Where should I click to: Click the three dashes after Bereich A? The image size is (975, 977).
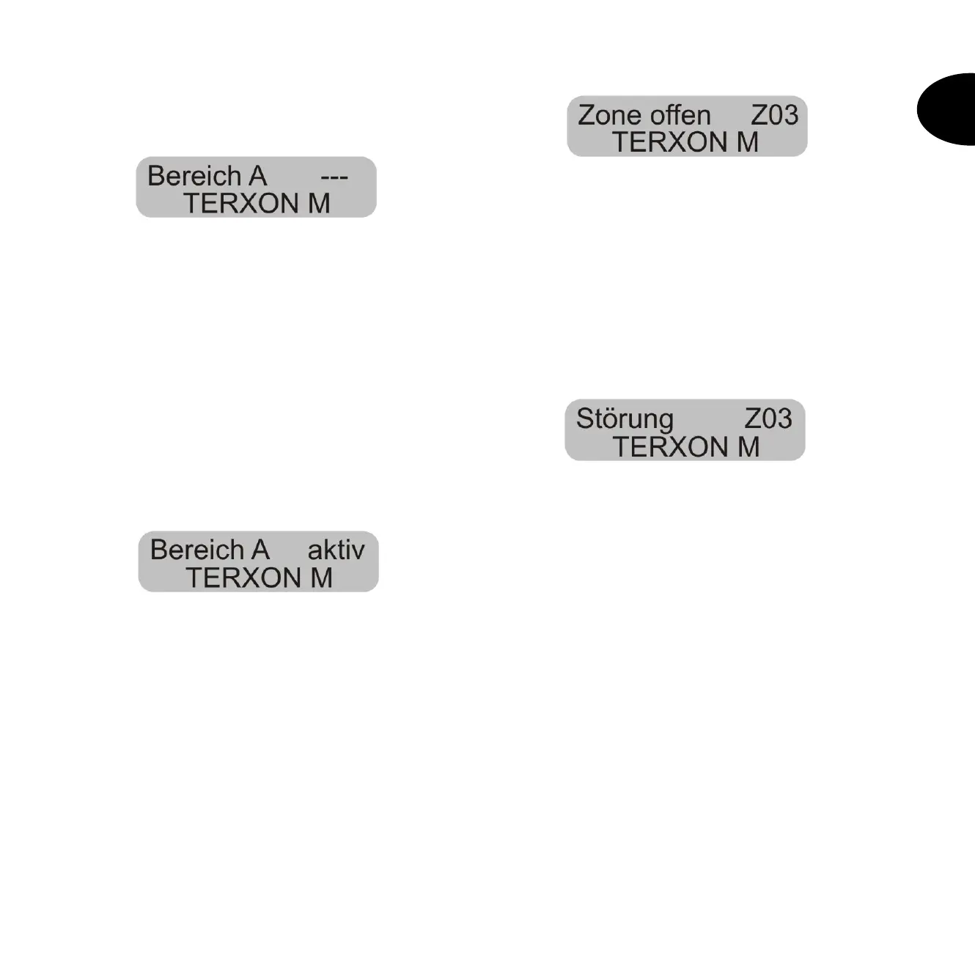(x=334, y=177)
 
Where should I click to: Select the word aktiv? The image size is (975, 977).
(x=336, y=550)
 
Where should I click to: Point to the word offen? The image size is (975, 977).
(x=685, y=115)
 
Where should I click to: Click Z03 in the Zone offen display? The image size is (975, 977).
(x=774, y=115)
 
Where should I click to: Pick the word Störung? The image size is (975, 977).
(x=625, y=419)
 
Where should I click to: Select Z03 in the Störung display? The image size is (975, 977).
(x=768, y=419)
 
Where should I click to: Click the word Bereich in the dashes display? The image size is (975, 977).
(x=195, y=177)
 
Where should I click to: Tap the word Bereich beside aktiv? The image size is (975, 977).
(x=198, y=550)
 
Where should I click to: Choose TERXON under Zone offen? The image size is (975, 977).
(x=666, y=142)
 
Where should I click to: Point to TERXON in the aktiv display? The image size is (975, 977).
(x=240, y=578)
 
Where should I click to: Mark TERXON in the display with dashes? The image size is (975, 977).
(x=238, y=203)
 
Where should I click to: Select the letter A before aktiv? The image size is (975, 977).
(x=260, y=550)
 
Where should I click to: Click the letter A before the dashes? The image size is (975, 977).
(x=257, y=177)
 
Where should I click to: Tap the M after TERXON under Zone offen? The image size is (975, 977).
(x=747, y=142)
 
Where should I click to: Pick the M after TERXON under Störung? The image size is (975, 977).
(x=748, y=446)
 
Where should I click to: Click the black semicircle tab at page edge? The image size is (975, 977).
(x=948, y=109)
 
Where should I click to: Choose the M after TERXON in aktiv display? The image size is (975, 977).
(x=321, y=578)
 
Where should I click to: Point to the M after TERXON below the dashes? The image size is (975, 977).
(x=319, y=203)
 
